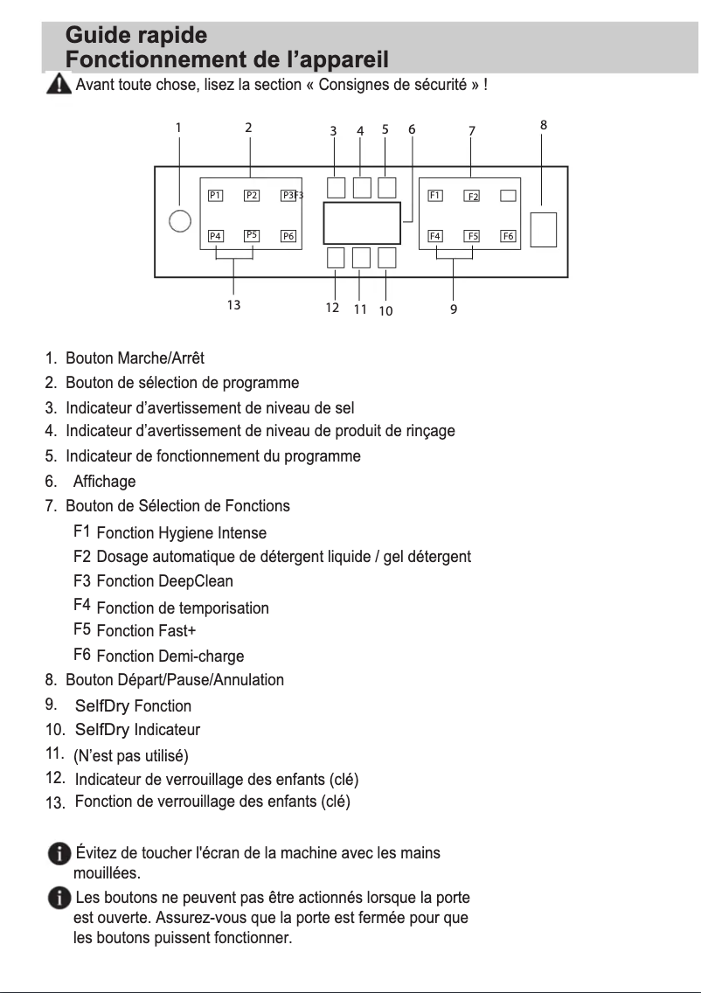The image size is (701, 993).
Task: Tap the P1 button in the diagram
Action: [215, 195]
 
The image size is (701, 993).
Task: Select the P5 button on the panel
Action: [252, 235]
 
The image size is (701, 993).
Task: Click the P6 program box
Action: [288, 236]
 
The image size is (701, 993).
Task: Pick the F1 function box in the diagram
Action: [434, 195]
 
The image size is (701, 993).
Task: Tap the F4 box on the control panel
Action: [434, 236]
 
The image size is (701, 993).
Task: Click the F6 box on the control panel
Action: [508, 236]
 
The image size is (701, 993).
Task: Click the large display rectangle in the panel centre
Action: [362, 223]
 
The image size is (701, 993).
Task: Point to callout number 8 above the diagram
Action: [544, 125]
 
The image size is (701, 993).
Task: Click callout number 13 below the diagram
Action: [233, 305]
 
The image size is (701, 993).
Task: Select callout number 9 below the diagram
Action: [454, 309]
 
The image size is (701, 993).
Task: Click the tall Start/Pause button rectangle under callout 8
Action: [544, 229]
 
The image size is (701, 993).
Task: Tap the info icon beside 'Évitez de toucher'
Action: [59, 854]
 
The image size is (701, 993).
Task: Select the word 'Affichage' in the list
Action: [104, 482]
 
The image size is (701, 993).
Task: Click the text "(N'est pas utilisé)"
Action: [131, 755]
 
